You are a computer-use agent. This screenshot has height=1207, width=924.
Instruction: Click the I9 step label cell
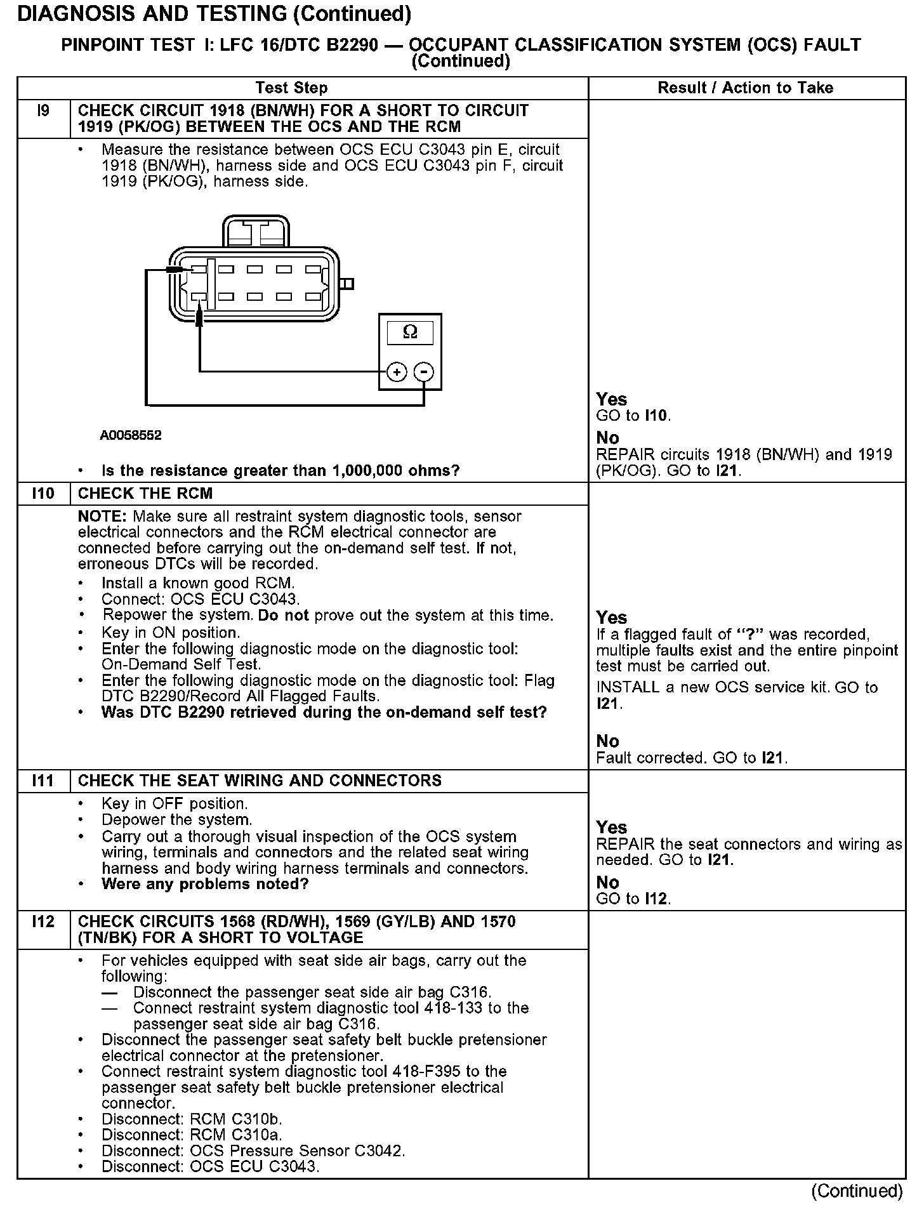pyautogui.click(x=43, y=111)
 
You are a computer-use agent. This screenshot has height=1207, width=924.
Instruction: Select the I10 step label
pyautogui.click(x=43, y=494)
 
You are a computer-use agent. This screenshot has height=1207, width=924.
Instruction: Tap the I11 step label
pyautogui.click(x=43, y=781)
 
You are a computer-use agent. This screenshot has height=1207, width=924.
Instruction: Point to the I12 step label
pyautogui.click(x=43, y=921)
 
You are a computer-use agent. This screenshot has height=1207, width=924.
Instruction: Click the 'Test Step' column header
pyautogui.click(x=291, y=88)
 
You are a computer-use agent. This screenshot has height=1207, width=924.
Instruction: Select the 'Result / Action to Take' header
pyautogui.click(x=745, y=88)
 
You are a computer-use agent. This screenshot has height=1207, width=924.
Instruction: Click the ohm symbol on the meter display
pyautogui.click(x=410, y=332)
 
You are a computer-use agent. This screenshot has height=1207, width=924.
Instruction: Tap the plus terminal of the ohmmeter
pyautogui.click(x=397, y=372)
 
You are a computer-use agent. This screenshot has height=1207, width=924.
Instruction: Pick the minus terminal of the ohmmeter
pyautogui.click(x=424, y=372)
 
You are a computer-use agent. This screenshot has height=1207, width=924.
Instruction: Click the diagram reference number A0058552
pyautogui.click(x=131, y=435)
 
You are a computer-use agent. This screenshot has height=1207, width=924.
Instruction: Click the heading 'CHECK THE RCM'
pyautogui.click(x=145, y=494)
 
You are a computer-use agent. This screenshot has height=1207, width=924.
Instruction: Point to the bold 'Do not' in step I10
pyautogui.click(x=284, y=616)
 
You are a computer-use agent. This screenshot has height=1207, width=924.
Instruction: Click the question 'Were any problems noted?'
pyautogui.click(x=205, y=884)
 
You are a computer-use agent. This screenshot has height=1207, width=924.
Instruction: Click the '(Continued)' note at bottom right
pyautogui.click(x=857, y=1191)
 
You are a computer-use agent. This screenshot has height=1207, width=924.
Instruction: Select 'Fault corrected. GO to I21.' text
pyautogui.click(x=692, y=758)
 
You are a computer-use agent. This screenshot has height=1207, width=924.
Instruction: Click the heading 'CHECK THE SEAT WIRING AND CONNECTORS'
pyautogui.click(x=260, y=781)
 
